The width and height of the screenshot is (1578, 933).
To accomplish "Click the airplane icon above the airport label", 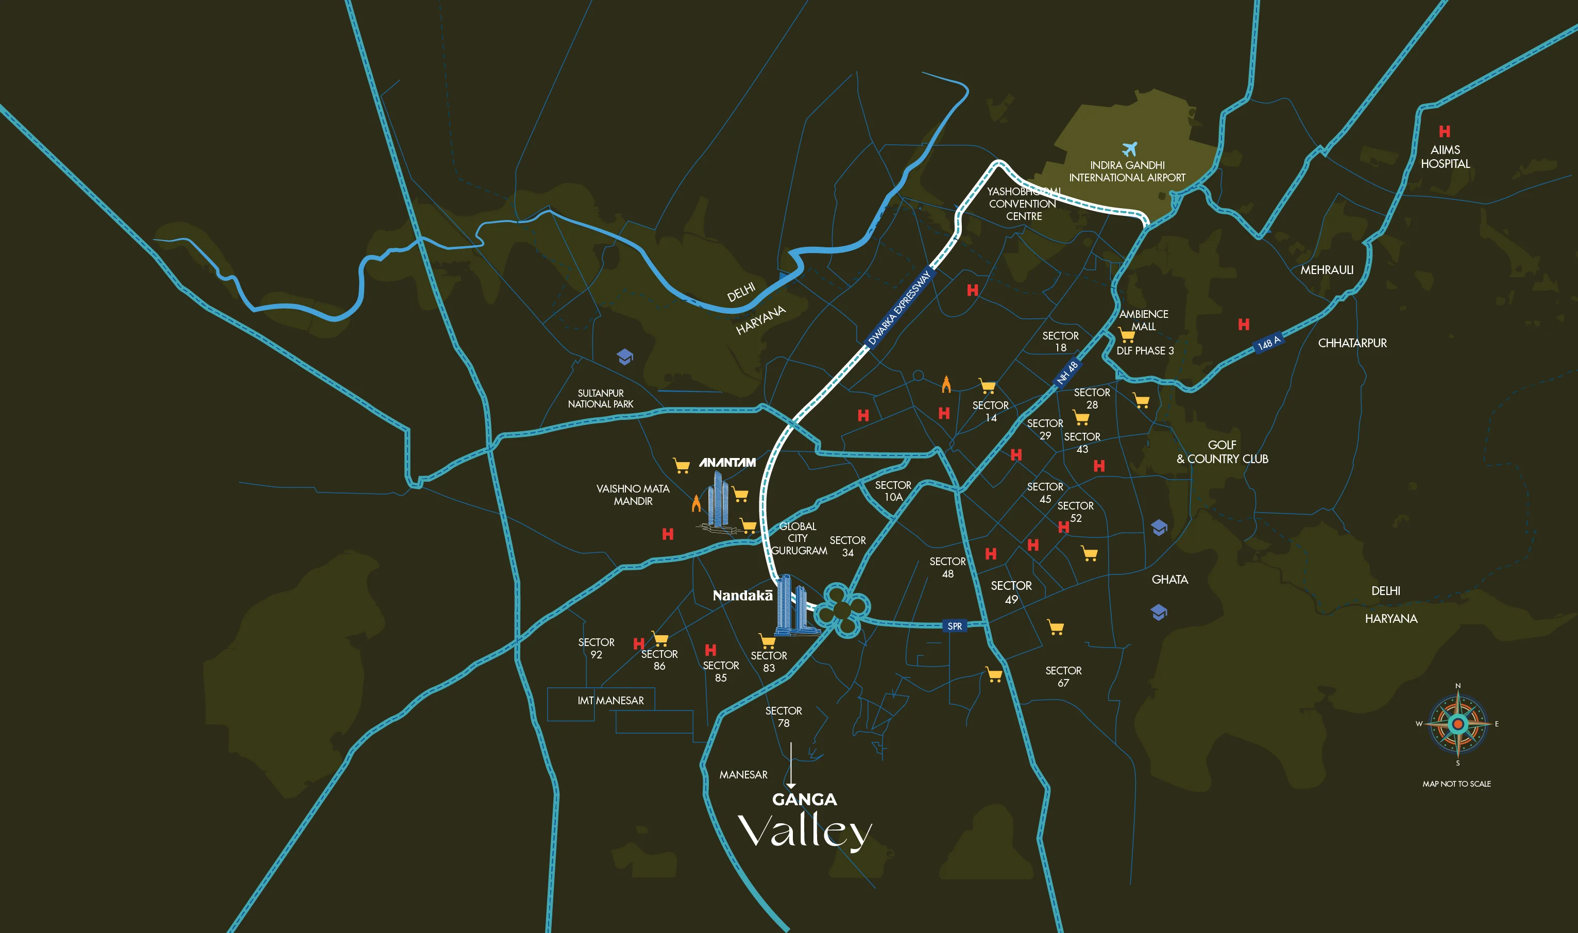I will click(1130, 149).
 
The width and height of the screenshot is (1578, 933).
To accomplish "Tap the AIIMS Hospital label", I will click(1446, 157).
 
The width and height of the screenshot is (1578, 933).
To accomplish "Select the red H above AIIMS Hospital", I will click(1445, 131).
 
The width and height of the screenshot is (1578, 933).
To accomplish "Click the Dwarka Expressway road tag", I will click(899, 308).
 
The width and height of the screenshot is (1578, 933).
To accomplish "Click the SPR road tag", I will click(954, 626).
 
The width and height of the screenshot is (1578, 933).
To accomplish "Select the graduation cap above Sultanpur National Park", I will click(624, 357).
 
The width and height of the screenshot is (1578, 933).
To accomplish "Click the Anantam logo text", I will click(727, 463).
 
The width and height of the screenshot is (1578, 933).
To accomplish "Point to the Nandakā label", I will click(742, 596).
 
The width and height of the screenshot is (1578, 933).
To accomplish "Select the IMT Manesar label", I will click(610, 700).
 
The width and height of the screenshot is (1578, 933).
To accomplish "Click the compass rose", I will click(1458, 724).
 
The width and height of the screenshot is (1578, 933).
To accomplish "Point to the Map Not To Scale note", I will click(1456, 784).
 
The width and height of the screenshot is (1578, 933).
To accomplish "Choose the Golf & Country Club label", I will click(1222, 452).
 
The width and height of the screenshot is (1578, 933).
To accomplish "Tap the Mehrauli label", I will click(1327, 270).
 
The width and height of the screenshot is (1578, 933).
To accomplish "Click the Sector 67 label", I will click(1063, 676).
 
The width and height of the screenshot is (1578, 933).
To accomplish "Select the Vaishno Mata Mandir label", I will click(633, 495).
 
